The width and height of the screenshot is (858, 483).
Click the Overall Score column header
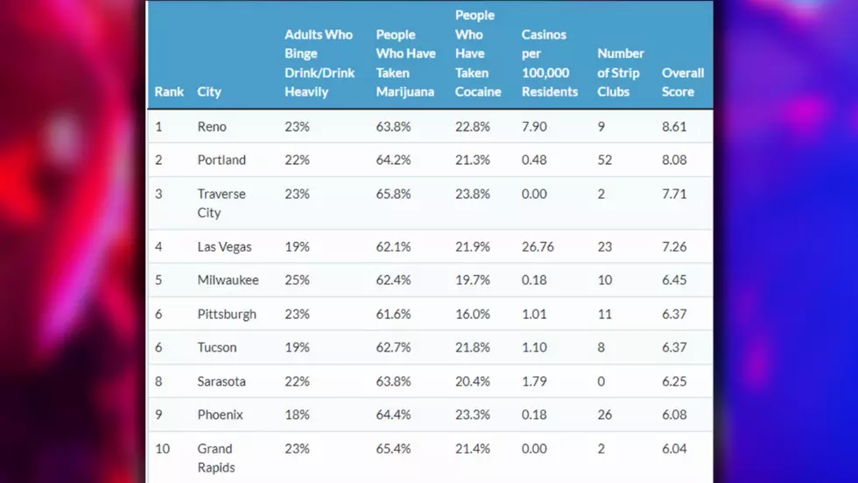pyautogui.click(x=682, y=82)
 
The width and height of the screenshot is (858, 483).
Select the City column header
pyautogui.click(x=209, y=91)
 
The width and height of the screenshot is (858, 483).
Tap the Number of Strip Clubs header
pyautogui.click(x=621, y=72)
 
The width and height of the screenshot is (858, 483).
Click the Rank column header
pyautogui.click(x=168, y=91)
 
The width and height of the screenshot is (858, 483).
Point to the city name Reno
pyautogui.click(x=212, y=126)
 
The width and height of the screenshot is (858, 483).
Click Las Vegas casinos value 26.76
pyautogui.click(x=538, y=246)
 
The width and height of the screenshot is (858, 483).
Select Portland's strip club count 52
pyautogui.click(x=605, y=160)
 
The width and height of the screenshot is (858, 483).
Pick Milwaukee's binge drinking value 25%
pyautogui.click(x=297, y=280)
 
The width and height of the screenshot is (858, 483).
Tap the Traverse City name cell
pyautogui.click(x=222, y=203)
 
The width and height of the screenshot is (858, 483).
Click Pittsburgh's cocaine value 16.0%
pyautogui.click(x=472, y=314)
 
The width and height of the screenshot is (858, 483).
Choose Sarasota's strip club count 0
pyautogui.click(x=601, y=381)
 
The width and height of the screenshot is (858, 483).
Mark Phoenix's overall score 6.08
pyautogui.click(x=674, y=415)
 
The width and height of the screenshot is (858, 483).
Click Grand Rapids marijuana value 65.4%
pyautogui.click(x=393, y=449)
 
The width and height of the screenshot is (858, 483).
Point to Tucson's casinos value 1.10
pyautogui.click(x=534, y=347)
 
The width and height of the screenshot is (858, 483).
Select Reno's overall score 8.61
pyautogui.click(x=674, y=126)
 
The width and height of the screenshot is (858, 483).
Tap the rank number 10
pyautogui.click(x=163, y=449)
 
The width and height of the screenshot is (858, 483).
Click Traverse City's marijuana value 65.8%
pyautogui.click(x=393, y=194)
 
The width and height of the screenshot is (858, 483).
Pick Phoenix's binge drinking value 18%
pyautogui.click(x=297, y=415)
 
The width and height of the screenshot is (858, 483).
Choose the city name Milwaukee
pyautogui.click(x=229, y=280)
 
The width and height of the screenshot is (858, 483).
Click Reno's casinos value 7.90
pyautogui.click(x=534, y=126)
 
